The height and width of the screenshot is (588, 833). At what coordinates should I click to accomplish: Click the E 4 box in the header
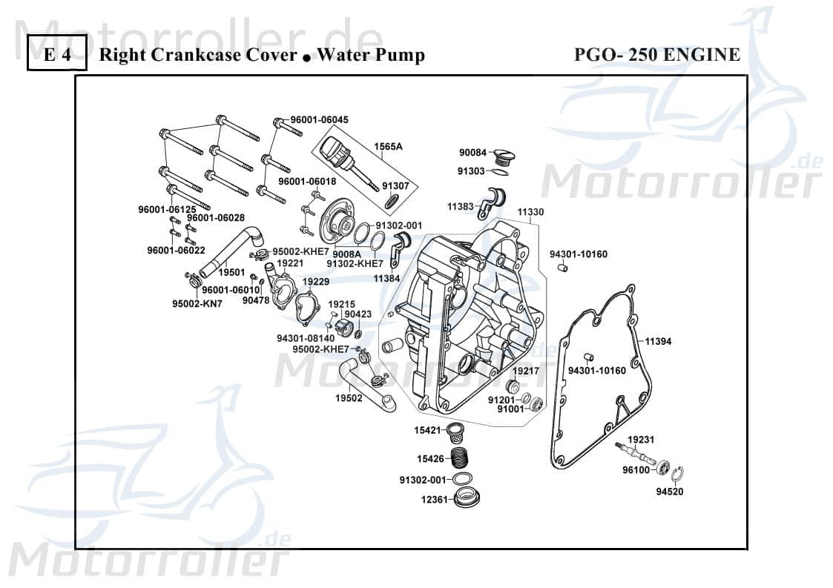(x=57, y=55)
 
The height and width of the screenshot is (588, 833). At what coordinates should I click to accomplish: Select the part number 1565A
(x=387, y=147)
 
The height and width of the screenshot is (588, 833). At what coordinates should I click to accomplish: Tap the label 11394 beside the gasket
(x=657, y=342)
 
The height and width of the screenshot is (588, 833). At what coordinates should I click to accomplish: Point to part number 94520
(x=669, y=492)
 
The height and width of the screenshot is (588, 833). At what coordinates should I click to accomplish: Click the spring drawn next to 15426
(x=464, y=458)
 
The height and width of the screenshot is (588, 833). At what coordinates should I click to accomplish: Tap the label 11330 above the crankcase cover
(x=530, y=212)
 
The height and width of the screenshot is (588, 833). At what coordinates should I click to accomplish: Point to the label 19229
(x=315, y=283)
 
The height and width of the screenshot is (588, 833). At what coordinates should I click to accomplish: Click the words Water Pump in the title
(x=370, y=55)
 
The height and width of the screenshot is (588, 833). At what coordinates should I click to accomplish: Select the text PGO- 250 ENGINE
(x=656, y=55)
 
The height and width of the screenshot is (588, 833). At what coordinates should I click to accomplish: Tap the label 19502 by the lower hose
(x=348, y=398)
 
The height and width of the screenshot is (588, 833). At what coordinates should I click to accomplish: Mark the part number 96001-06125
(x=167, y=210)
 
